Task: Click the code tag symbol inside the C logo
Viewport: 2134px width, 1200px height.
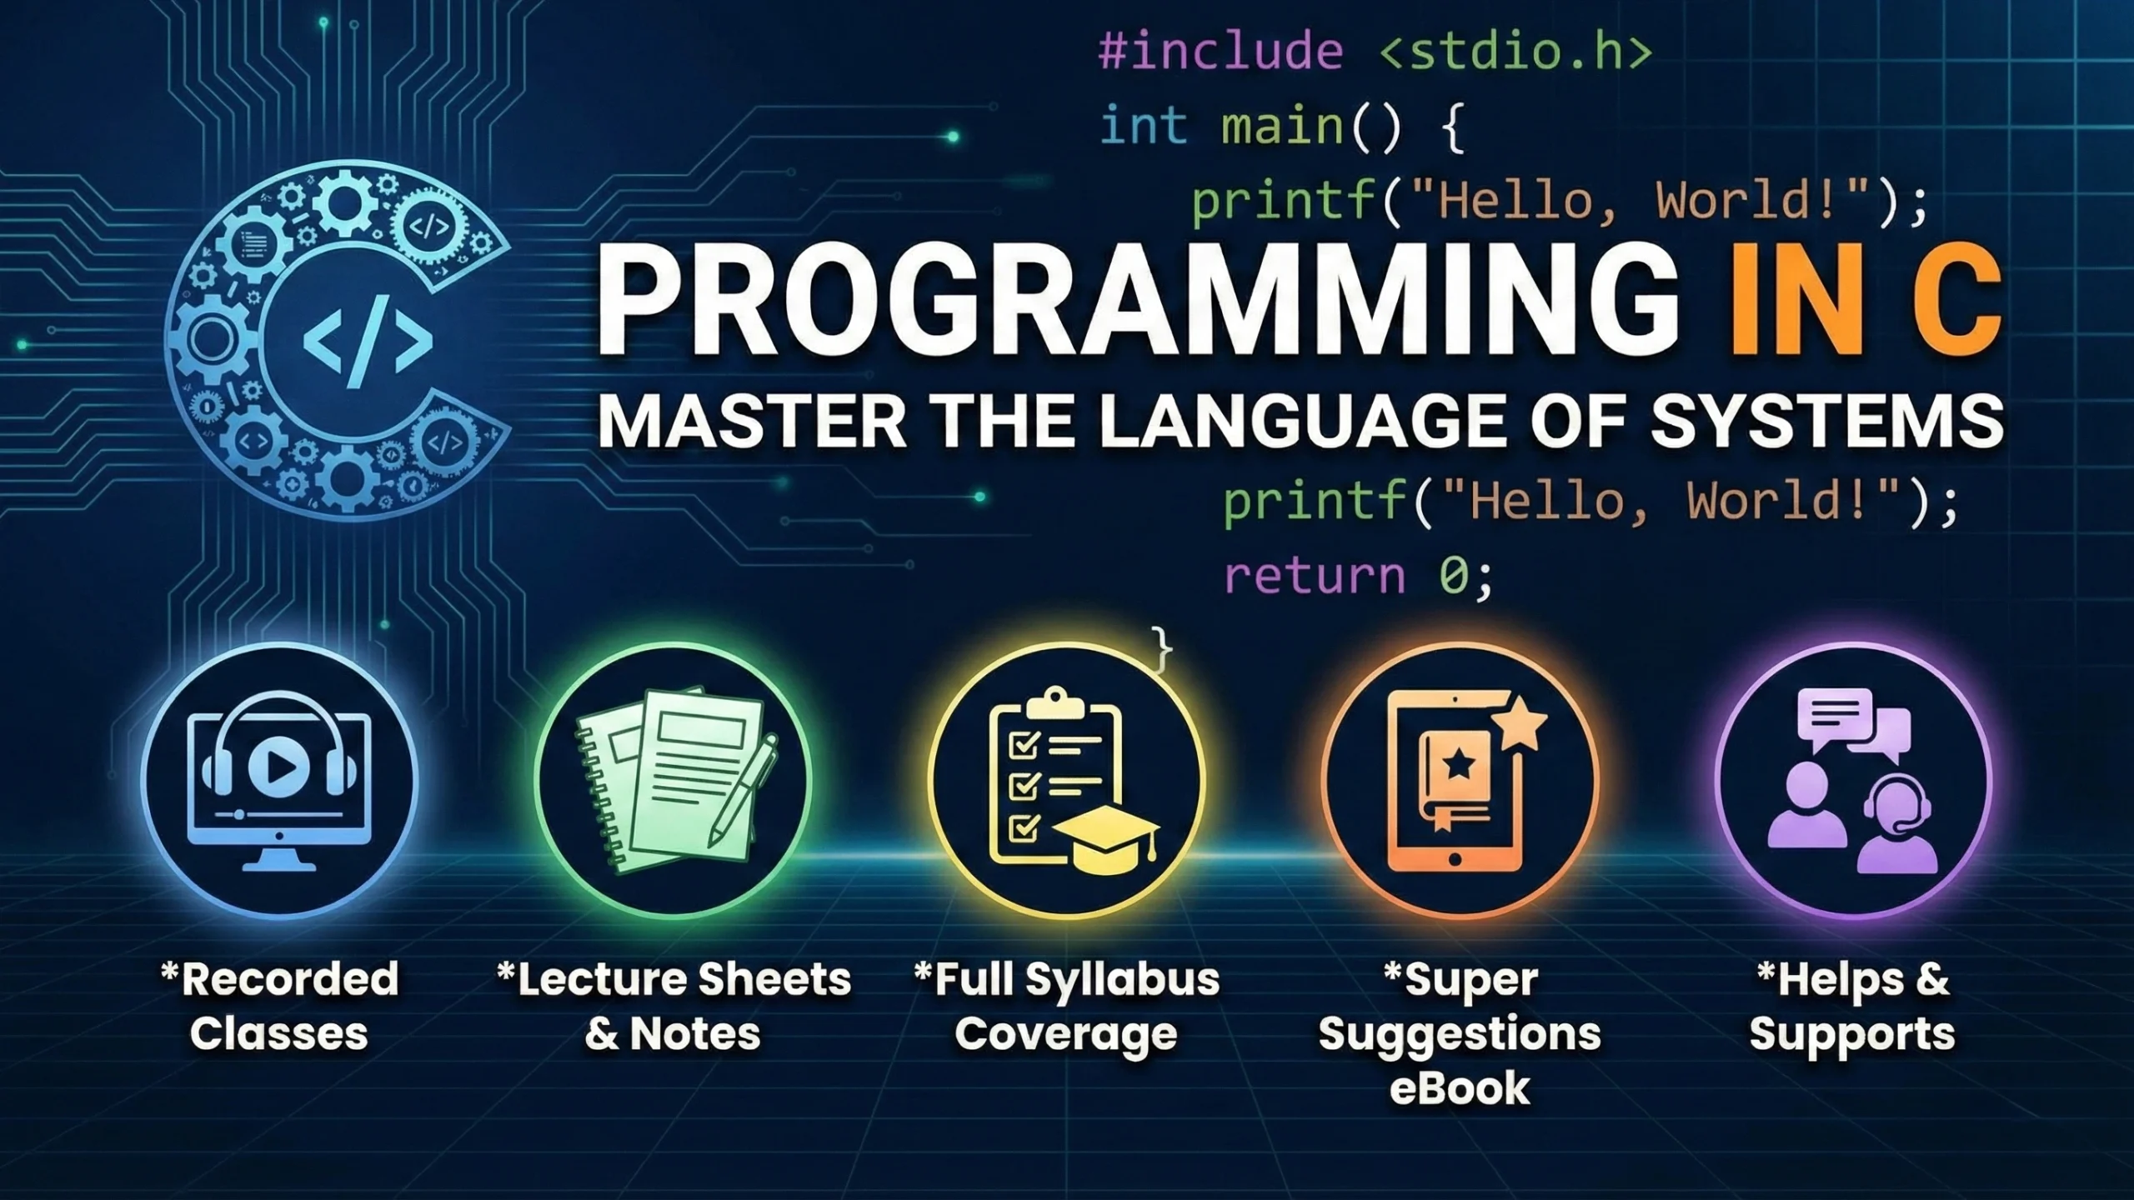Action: pos(368,340)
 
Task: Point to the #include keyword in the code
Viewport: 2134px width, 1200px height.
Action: pos(1221,52)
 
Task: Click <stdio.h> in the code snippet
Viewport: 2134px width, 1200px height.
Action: pos(1515,52)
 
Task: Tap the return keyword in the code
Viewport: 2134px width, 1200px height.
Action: pos(1315,577)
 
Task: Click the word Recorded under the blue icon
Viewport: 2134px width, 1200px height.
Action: pos(289,978)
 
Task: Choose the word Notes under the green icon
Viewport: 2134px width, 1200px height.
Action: pos(695,1033)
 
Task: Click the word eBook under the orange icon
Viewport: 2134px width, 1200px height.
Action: pos(1460,1088)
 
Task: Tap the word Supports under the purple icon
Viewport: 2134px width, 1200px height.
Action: pos(1852,1035)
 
